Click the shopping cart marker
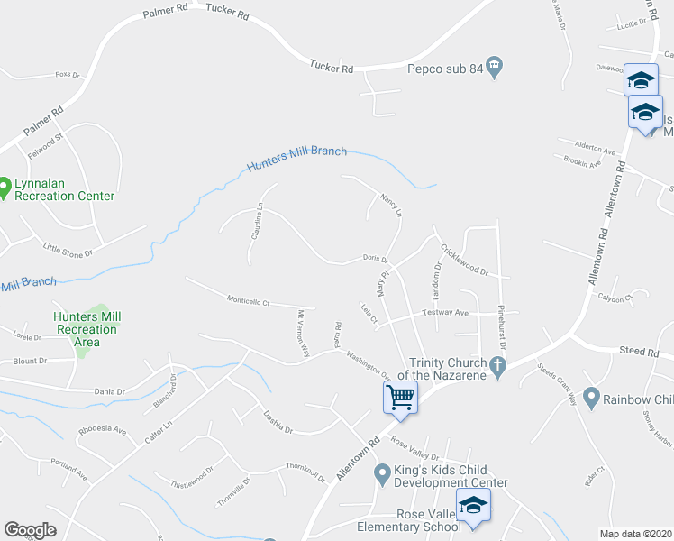(x=400, y=396)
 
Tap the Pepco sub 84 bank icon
(x=495, y=67)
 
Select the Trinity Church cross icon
(x=495, y=365)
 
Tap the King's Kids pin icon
(x=383, y=471)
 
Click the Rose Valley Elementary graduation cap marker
(x=472, y=507)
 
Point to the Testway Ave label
(x=446, y=313)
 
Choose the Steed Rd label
(x=640, y=351)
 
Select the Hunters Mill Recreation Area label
(x=87, y=329)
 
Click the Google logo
(x=30, y=530)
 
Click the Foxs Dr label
(x=68, y=74)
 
